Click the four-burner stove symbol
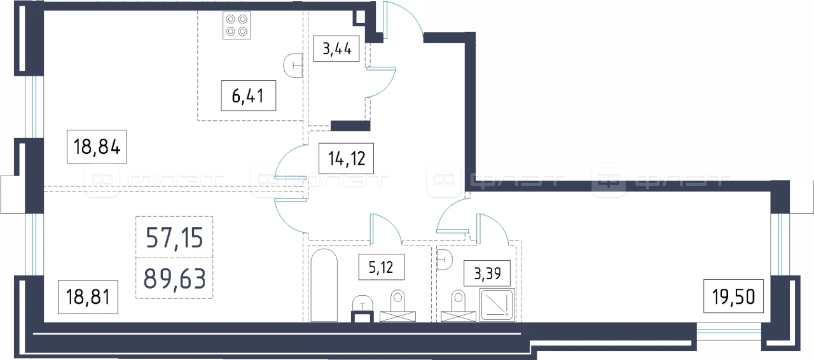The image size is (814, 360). [x=237, y=25]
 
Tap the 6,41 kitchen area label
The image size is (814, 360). [x=248, y=95]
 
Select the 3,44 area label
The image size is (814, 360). [x=336, y=48]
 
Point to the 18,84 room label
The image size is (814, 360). [x=97, y=146]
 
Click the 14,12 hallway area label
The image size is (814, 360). [x=347, y=158]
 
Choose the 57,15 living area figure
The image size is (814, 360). [x=174, y=237]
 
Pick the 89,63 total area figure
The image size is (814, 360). [x=174, y=278]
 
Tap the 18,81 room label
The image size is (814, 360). [x=88, y=297]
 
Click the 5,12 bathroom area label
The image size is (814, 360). [x=381, y=267]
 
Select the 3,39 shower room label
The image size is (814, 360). [x=487, y=273]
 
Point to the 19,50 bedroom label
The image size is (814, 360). [x=733, y=296]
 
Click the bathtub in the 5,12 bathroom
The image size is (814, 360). [x=324, y=286]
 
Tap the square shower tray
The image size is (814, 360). [x=497, y=305]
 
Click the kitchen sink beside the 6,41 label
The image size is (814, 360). [x=293, y=66]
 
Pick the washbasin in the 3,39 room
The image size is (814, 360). [x=445, y=260]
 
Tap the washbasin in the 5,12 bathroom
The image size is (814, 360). [x=362, y=303]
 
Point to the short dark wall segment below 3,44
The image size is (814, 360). [x=350, y=126]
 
